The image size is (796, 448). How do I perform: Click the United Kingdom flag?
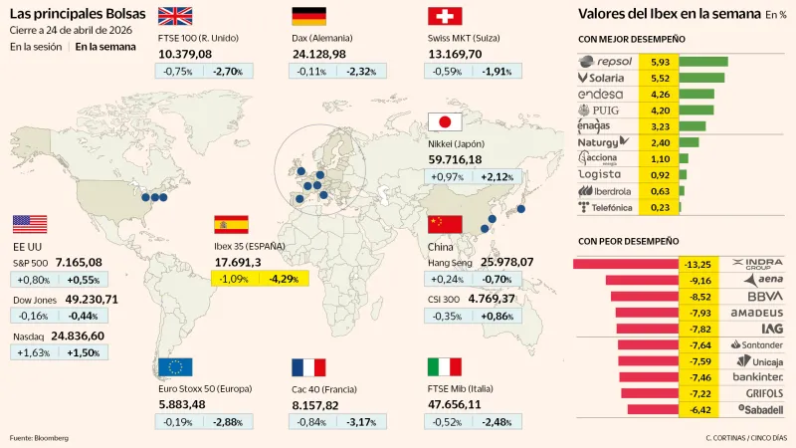click(x=175, y=16)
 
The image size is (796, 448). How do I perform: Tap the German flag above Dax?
click(x=308, y=16)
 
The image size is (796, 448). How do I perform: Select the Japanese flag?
click(x=443, y=122)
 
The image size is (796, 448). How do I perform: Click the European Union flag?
click(x=175, y=366)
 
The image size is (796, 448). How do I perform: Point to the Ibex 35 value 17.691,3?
click(x=238, y=262)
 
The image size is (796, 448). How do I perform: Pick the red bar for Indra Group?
click(x=626, y=264)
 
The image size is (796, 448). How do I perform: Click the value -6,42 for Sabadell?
click(x=694, y=409)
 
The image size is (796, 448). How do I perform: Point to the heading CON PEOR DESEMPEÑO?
click(x=628, y=241)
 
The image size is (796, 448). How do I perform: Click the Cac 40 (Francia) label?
click(x=329, y=389)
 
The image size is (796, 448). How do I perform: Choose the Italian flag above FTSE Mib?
click(x=443, y=366)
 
